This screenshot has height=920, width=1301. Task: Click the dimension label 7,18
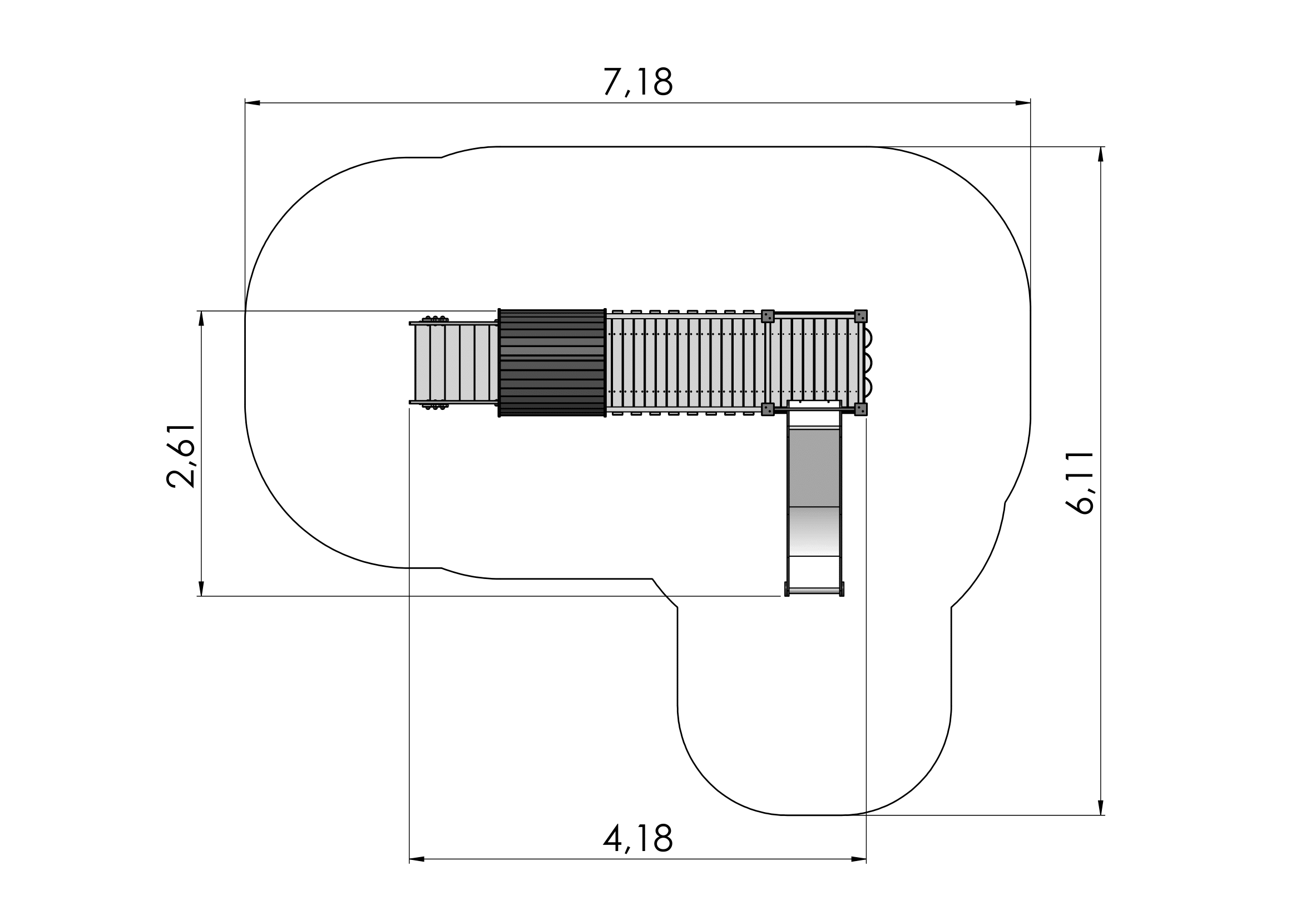[x=638, y=82]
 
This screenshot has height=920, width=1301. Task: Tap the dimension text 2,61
[x=181, y=456]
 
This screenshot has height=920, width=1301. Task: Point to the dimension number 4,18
[x=638, y=838]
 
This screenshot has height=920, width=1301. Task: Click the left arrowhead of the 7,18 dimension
[x=253, y=103]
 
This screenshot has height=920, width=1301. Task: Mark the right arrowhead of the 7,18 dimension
[x=1023, y=103]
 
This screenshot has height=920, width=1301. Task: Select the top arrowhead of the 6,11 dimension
[x=1100, y=155]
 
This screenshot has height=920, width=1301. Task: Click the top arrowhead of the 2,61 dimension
[x=201, y=318]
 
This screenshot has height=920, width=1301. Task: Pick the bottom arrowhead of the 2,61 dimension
[x=201, y=588]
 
